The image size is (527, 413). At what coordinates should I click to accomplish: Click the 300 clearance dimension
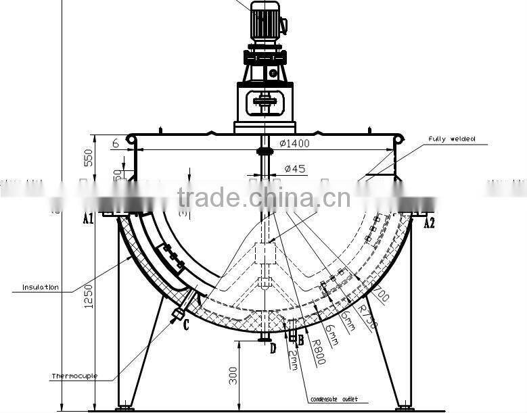click(233, 376)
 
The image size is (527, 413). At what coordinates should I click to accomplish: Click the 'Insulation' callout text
click(40, 287)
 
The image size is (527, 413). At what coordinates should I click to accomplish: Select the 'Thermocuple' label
click(74, 376)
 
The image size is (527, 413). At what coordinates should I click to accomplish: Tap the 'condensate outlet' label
click(334, 399)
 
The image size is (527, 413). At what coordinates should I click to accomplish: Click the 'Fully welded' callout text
click(452, 139)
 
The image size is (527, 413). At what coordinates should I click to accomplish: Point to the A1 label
click(88, 218)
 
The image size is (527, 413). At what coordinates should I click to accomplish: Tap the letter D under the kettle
click(273, 349)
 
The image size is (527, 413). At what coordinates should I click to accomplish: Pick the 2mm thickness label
click(292, 360)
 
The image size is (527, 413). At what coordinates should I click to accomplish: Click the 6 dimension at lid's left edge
click(116, 143)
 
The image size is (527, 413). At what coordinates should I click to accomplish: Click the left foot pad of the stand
click(124, 408)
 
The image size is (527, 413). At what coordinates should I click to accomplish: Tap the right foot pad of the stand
click(405, 408)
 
